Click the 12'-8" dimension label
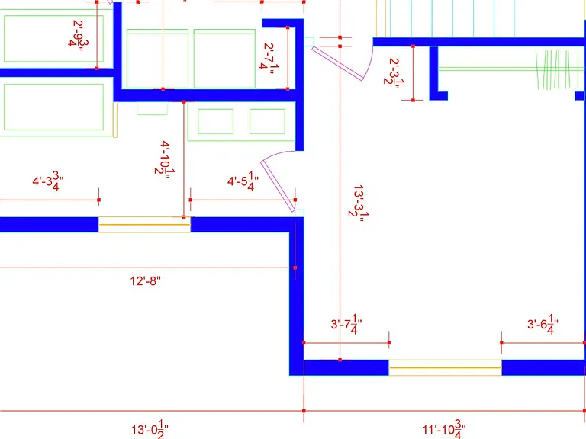tap(146, 280)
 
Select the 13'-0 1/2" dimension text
tap(150, 429)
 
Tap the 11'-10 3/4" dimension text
tap(444, 429)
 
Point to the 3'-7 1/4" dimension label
tap(346, 325)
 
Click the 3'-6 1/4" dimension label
tap(543, 325)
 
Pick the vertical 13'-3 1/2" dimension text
tap(359, 203)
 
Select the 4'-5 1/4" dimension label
tap(243, 181)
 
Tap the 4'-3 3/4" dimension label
tap(48, 181)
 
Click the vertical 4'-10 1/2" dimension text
tap(165, 159)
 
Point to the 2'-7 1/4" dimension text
tap(269, 59)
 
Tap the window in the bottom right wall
tap(445, 367)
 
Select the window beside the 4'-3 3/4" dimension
tap(144, 225)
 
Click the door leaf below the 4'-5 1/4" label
tap(277, 186)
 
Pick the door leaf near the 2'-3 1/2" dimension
tap(337, 63)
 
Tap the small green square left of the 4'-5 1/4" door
tap(215, 121)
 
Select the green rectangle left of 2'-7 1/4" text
tap(224, 59)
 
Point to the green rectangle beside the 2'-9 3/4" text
tap(48, 38)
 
